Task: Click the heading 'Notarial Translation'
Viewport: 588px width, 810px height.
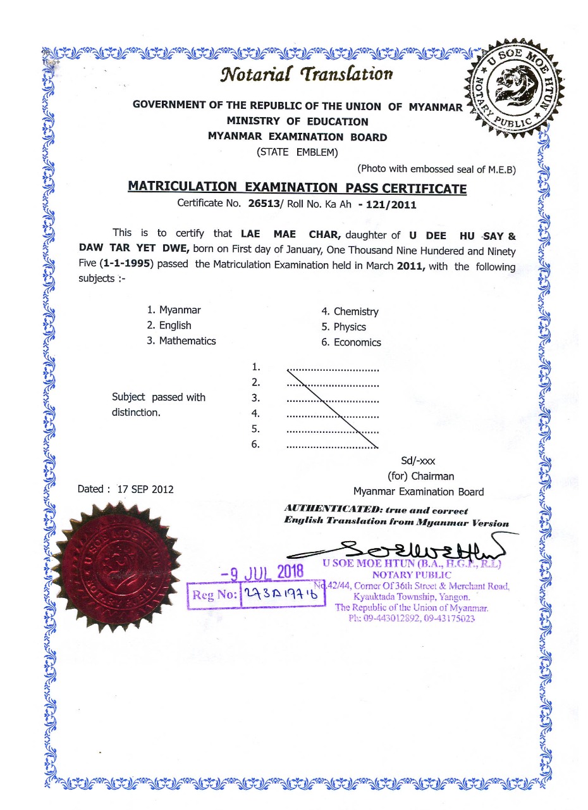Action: click(x=306, y=74)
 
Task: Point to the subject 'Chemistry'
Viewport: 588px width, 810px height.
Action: click(x=356, y=311)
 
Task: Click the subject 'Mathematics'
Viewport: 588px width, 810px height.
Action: click(x=187, y=340)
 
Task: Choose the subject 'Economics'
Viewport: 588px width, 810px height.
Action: click(x=357, y=342)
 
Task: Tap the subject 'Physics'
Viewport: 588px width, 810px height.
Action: click(x=350, y=327)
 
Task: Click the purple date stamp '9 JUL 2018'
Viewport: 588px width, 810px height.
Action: click(x=262, y=572)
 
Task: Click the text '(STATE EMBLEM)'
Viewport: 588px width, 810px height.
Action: click(x=297, y=152)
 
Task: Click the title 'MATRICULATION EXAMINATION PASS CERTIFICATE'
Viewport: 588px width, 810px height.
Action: click(x=297, y=188)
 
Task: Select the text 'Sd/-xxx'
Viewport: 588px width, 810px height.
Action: click(x=418, y=461)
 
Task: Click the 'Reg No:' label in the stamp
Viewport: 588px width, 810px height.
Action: click(x=215, y=595)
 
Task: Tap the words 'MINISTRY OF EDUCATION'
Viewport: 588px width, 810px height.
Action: click(x=297, y=121)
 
